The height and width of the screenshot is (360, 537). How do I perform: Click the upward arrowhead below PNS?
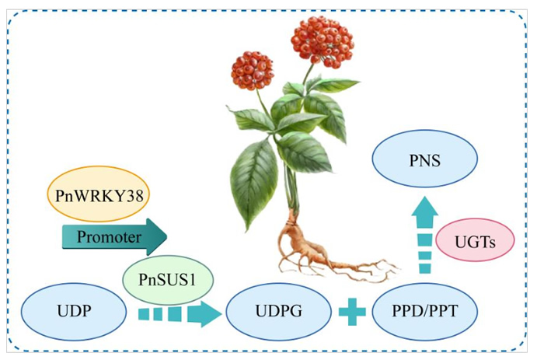click(424, 211)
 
